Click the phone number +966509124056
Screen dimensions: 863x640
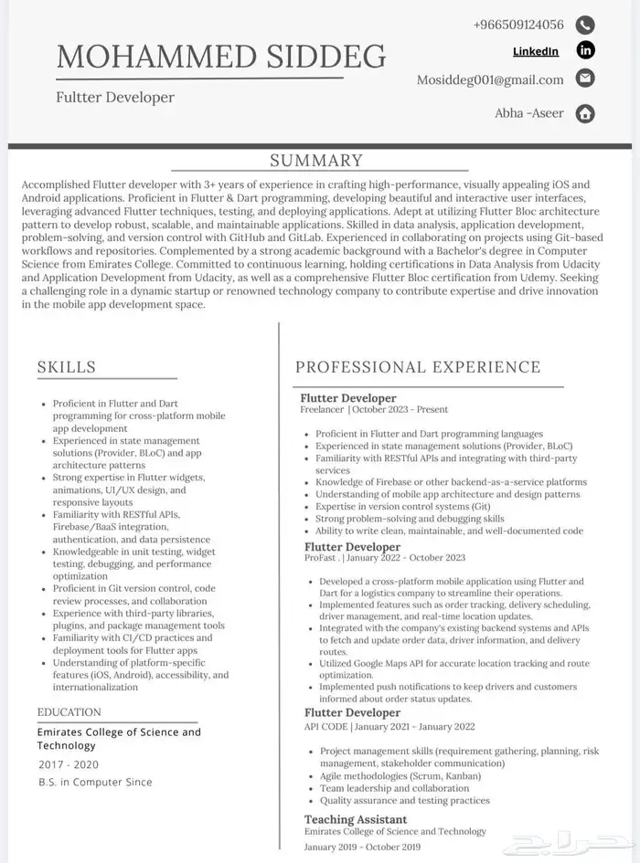518,25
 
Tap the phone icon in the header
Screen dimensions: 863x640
586,25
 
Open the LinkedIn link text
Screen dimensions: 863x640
536,51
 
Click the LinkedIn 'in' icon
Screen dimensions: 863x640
586,50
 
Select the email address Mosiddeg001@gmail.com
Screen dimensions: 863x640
490,79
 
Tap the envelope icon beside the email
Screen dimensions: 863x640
586,79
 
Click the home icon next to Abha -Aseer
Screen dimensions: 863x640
586,113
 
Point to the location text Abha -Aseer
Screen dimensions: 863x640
529,113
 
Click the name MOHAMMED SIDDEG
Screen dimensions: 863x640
221,57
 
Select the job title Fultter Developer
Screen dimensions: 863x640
115,97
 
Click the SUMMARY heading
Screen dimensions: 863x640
316,161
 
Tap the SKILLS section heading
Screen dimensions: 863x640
66,367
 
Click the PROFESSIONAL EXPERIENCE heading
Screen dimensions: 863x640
418,367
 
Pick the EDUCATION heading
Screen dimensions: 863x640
69,712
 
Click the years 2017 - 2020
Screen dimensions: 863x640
69,764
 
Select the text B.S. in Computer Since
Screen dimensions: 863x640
95,782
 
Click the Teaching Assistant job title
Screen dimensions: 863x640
356,819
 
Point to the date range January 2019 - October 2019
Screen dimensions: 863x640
363,847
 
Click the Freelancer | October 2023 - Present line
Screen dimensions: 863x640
375,410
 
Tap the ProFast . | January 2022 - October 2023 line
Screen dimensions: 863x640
385,558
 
